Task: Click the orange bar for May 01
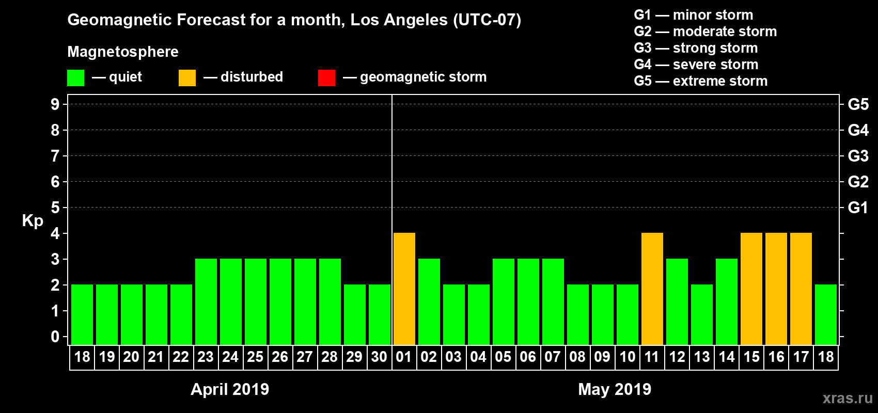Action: click(404, 289)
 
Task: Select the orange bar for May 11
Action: click(652, 289)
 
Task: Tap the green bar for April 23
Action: click(206, 301)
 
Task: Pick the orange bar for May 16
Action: click(776, 289)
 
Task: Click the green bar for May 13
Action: click(702, 314)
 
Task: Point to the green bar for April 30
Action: click(380, 314)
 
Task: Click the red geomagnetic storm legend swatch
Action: click(326, 78)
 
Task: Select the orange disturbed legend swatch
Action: click(187, 78)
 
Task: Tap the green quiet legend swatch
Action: click(75, 78)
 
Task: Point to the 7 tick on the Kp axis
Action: click(55, 156)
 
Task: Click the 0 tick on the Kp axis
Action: click(55, 337)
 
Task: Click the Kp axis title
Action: click(33, 220)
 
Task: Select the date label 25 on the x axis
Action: click(255, 357)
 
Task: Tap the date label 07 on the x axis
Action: click(553, 357)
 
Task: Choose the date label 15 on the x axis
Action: click(751, 357)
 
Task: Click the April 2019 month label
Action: click(230, 389)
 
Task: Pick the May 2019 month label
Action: click(615, 389)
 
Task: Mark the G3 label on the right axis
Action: click(858, 156)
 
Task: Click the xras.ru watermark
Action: click(848, 398)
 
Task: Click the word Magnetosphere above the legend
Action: click(123, 52)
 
